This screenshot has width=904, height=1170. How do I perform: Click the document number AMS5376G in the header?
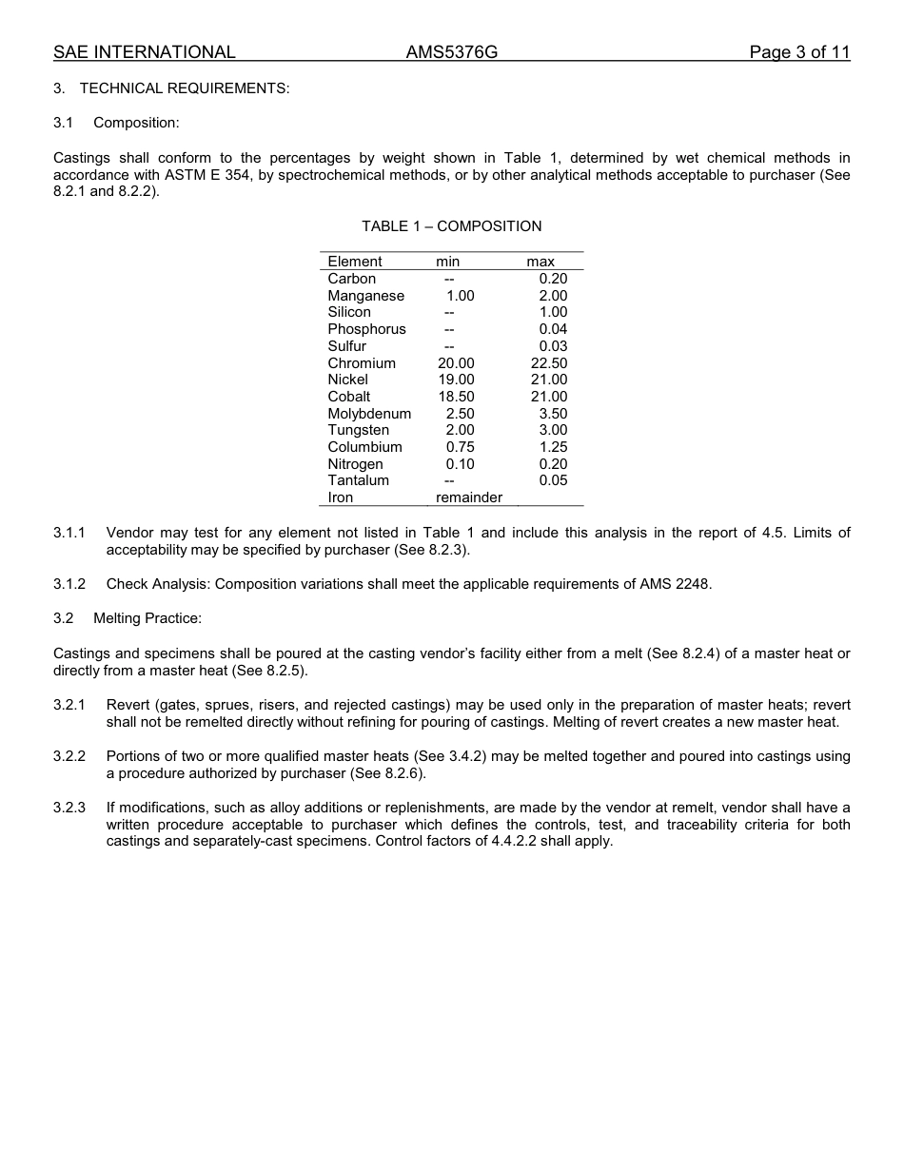tap(451, 52)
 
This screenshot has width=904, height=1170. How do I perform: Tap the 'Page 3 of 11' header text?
tap(798, 52)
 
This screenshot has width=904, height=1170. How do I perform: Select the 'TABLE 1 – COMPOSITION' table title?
tap(451, 226)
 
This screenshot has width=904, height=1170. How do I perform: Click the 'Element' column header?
tap(355, 262)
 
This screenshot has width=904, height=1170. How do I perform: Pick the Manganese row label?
tap(365, 296)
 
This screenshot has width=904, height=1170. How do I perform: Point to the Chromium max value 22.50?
tap(548, 363)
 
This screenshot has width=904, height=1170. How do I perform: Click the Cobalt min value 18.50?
tap(456, 397)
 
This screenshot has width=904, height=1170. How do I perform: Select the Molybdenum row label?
tap(369, 414)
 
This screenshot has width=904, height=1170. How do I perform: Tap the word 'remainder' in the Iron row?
tap(468, 497)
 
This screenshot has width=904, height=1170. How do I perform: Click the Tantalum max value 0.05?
tap(553, 480)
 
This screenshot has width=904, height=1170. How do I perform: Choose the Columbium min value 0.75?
tap(460, 447)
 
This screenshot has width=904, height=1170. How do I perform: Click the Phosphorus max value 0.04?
tap(553, 329)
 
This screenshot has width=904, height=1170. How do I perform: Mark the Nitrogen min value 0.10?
tap(460, 464)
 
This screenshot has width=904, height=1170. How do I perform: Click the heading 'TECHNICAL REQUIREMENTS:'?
tap(185, 88)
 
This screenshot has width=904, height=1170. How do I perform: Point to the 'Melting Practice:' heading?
tap(147, 618)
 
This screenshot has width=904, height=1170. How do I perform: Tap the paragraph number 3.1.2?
tap(69, 584)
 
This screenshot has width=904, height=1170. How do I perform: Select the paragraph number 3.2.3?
tap(69, 808)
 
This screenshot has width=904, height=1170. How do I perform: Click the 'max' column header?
tap(540, 262)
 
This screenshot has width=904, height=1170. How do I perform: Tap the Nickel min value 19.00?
tap(456, 380)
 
